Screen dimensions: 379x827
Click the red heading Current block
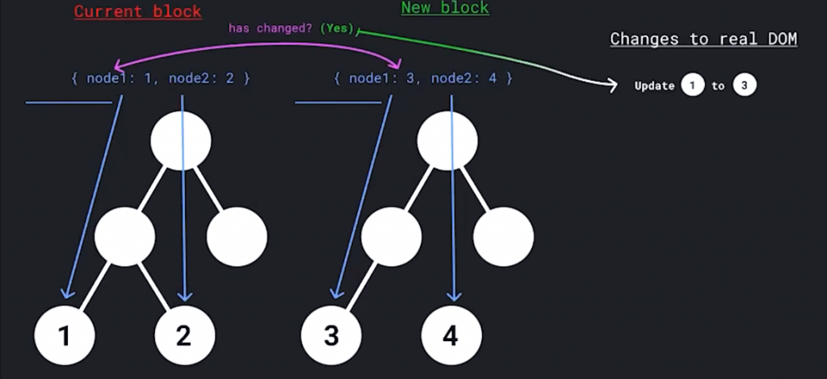click(x=137, y=11)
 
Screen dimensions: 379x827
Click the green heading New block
click(x=445, y=8)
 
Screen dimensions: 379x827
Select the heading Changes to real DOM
click(x=703, y=38)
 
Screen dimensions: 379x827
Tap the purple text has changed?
click(x=272, y=28)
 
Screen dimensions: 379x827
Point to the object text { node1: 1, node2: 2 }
click(x=161, y=78)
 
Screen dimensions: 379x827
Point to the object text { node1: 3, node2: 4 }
click(x=423, y=78)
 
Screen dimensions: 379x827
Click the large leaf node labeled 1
click(x=65, y=335)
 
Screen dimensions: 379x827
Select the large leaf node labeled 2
click(x=184, y=335)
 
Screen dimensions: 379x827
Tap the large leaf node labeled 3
click(x=331, y=335)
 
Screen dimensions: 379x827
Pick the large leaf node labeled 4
click(x=451, y=335)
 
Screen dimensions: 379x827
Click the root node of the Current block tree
click(x=181, y=141)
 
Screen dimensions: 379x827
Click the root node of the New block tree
click(x=447, y=141)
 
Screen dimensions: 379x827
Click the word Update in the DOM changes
click(x=654, y=86)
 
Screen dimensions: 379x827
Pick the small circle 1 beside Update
click(x=692, y=85)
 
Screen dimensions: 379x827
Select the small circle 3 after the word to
click(x=745, y=85)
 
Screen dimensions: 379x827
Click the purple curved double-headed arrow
click(x=258, y=46)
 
